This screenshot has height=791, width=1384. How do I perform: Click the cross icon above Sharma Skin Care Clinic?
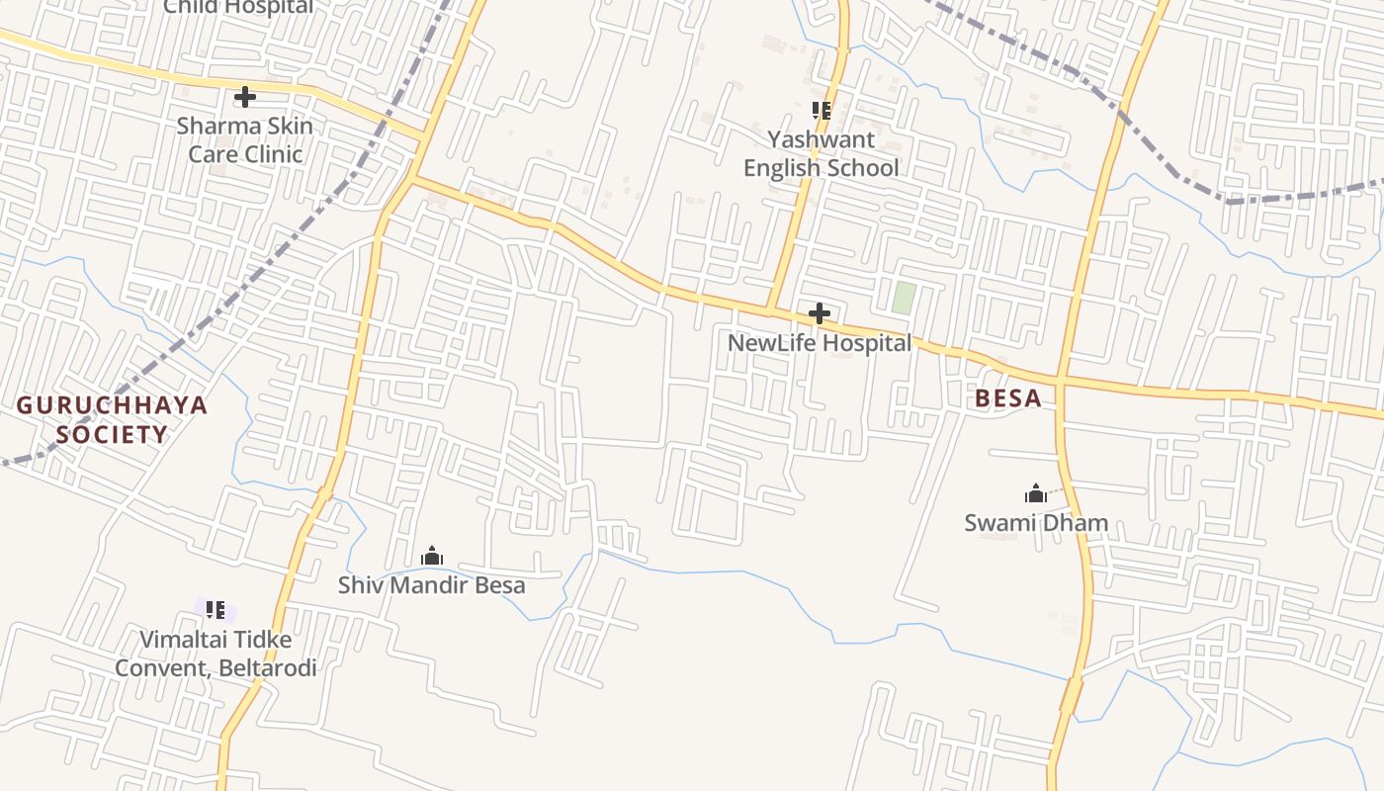point(244,97)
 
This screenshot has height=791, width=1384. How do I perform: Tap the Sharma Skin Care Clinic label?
point(245,140)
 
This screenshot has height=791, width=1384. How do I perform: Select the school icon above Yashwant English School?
point(822,111)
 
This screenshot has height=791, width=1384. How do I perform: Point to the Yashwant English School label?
point(822,154)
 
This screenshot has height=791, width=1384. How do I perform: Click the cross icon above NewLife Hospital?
point(819,314)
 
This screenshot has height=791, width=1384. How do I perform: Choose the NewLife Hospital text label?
point(820,343)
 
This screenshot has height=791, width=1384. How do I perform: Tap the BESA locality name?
point(1007,398)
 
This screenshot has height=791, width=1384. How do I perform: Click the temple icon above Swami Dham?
point(1035,493)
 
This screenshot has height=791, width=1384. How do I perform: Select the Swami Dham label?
point(1036,523)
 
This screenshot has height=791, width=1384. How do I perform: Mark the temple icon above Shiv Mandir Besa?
point(432,556)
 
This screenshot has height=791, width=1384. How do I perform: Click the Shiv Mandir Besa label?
point(432,585)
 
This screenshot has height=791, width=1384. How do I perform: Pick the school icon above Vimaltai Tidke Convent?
point(216,609)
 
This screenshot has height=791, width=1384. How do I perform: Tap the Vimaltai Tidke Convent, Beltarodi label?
point(216,654)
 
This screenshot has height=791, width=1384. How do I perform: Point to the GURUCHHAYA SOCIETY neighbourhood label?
point(112,419)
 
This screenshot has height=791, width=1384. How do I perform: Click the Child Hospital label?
point(237,7)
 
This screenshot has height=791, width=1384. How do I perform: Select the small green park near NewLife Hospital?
point(903,298)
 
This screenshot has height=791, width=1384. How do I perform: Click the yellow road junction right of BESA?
point(1059,381)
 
